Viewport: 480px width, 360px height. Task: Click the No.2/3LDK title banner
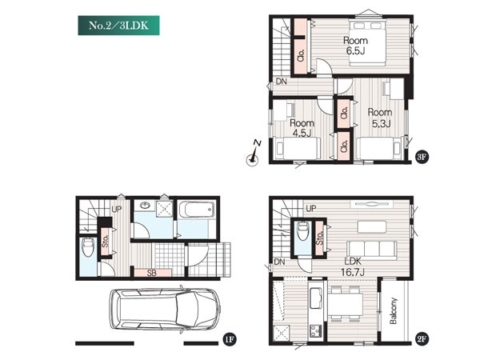pyautogui.click(x=118, y=26)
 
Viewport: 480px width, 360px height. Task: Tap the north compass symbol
pyautogui.click(x=253, y=155)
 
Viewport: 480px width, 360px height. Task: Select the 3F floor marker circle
pyautogui.click(x=422, y=157)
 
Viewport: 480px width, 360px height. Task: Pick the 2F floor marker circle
pyautogui.click(x=422, y=339)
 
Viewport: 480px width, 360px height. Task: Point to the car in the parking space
pyautogui.click(x=165, y=309)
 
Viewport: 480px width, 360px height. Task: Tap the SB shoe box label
pyautogui.click(x=152, y=273)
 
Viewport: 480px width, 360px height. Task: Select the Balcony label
pyautogui.click(x=393, y=310)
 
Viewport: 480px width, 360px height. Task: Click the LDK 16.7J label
pyautogui.click(x=353, y=266)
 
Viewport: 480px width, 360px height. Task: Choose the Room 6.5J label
pyautogui.click(x=355, y=46)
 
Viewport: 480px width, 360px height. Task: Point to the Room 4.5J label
pyautogui.click(x=302, y=128)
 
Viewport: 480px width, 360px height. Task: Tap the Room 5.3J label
pyautogui.click(x=379, y=118)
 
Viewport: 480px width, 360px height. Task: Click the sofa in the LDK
pyautogui.click(x=372, y=249)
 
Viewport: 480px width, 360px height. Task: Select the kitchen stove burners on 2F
pyautogui.click(x=316, y=330)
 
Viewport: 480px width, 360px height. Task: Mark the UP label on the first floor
pyautogui.click(x=117, y=210)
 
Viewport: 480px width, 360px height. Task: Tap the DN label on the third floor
pyautogui.click(x=282, y=82)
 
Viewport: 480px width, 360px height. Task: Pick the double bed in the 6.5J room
pyautogui.click(x=366, y=43)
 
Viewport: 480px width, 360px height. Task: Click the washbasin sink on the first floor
pyautogui.click(x=144, y=206)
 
